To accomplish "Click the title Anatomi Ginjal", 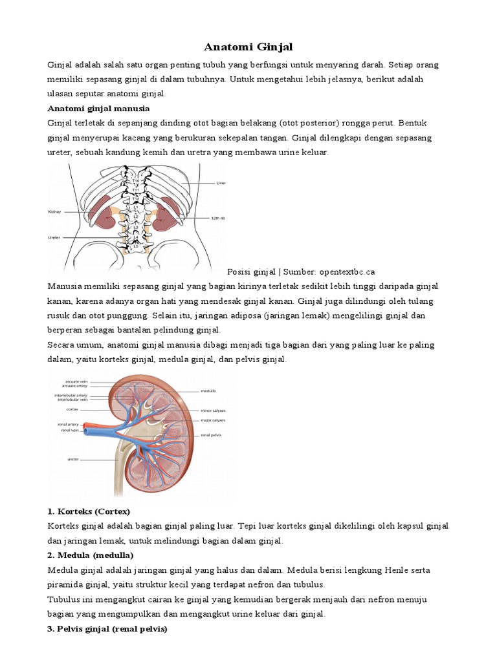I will (x=248, y=47).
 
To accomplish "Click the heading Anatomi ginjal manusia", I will (x=98, y=108).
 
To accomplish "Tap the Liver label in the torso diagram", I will (x=220, y=183).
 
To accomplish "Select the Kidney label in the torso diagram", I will (x=54, y=211).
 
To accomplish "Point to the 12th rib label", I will (x=217, y=218).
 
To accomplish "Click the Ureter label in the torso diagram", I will (x=54, y=237).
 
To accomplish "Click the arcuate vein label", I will (x=77, y=381).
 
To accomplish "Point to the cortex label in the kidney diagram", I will (x=72, y=409).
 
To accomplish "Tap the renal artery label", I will (x=69, y=424).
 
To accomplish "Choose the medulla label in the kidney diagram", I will (x=208, y=391).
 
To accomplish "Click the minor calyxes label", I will (x=213, y=409).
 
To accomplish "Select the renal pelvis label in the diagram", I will (x=212, y=435).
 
